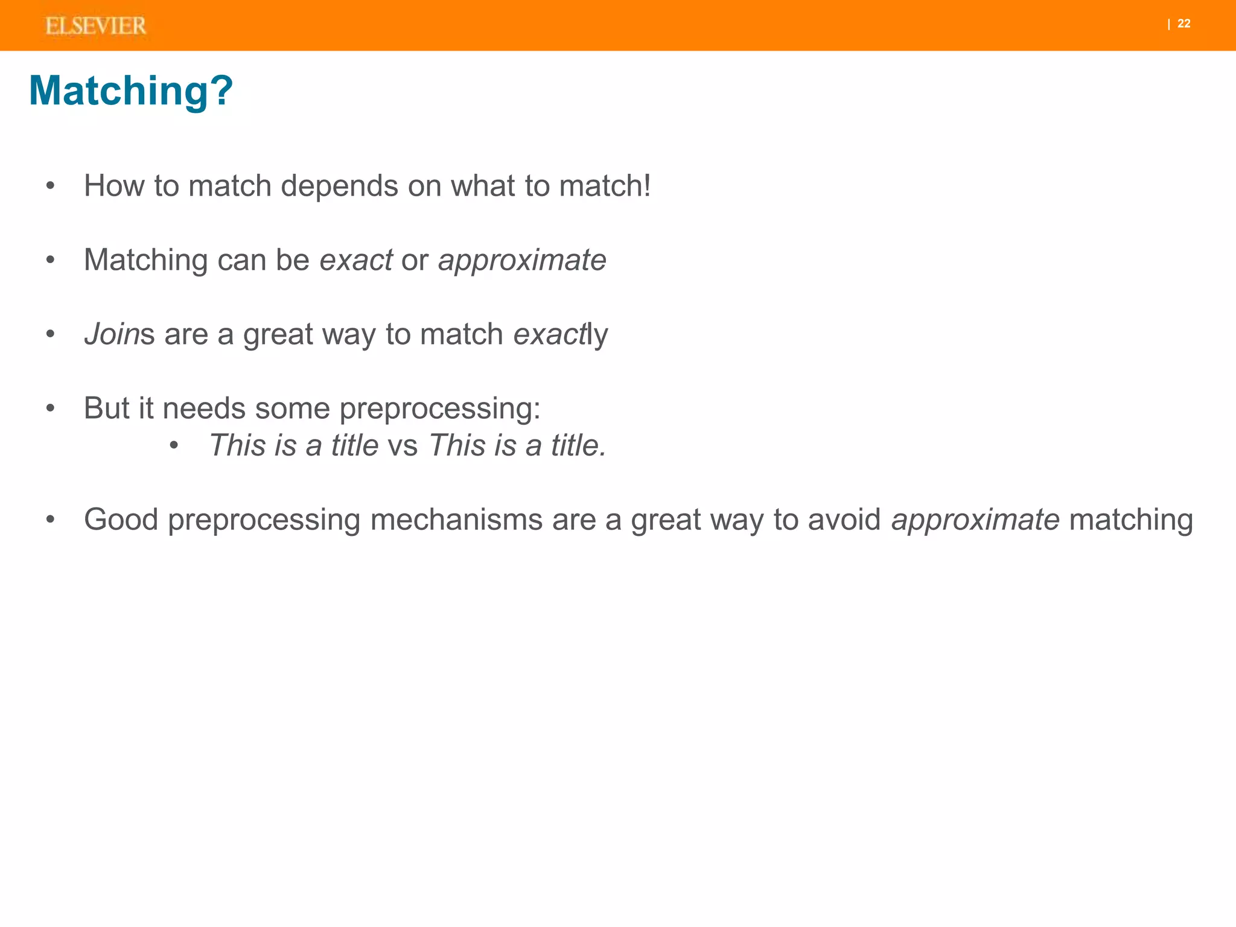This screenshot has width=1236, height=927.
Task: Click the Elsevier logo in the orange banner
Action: [95, 26]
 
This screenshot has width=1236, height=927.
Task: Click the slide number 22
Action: [1183, 24]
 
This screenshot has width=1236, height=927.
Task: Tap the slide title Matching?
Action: [130, 91]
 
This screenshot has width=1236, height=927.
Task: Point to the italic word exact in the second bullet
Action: [356, 260]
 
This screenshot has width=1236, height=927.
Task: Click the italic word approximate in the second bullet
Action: [522, 261]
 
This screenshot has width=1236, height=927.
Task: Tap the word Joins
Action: [119, 334]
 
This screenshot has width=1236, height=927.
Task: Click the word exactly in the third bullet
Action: [560, 335]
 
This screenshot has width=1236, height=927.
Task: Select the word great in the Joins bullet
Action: [278, 336]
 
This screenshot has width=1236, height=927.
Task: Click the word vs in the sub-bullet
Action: [403, 446]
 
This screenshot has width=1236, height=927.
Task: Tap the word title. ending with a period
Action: [578, 445]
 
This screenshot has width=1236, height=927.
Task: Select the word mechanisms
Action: [456, 520]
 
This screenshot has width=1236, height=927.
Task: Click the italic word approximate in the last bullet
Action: [975, 520]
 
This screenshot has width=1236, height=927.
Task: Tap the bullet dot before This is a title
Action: [174, 446]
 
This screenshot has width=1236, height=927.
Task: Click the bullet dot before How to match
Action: [51, 186]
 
